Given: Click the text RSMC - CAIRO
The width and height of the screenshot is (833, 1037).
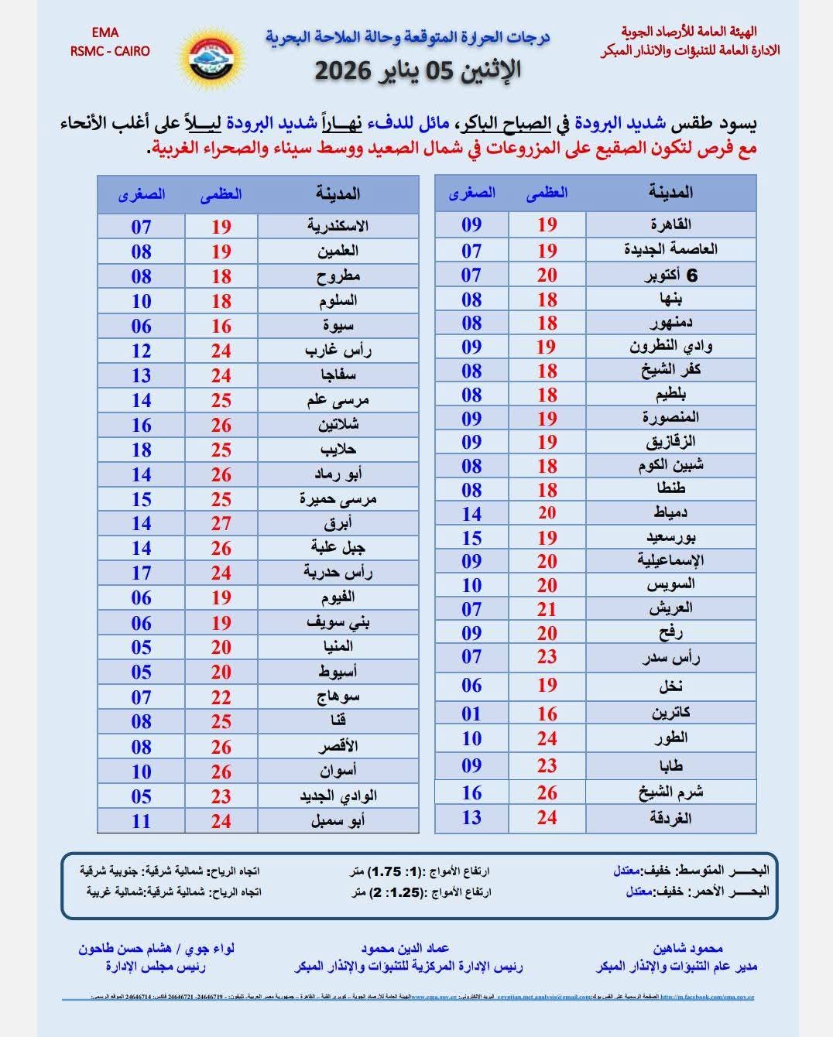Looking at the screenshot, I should click(x=110, y=51).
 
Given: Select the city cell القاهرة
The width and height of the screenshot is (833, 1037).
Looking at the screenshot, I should click(x=670, y=224).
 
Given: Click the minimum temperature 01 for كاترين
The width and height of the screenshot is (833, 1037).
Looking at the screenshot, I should click(x=471, y=713).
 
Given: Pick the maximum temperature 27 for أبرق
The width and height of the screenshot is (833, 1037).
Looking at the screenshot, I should click(x=221, y=524).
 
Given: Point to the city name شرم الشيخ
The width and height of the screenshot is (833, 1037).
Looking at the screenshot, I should click(x=670, y=792).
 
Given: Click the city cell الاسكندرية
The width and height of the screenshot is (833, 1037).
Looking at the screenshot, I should click(x=338, y=226).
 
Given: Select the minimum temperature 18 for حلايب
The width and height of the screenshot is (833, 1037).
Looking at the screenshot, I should click(x=141, y=450).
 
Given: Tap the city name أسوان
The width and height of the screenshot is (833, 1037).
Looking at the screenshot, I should click(x=338, y=772).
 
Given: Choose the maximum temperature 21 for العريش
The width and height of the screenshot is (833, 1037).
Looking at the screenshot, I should click(x=547, y=609).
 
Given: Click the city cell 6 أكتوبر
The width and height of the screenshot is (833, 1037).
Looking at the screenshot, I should click(x=670, y=275).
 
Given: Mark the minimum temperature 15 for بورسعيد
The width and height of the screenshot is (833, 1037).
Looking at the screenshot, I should click(x=471, y=538).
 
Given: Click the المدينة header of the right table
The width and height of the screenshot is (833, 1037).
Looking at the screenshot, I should click(x=670, y=193).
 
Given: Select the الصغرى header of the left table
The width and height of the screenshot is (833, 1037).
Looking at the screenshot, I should click(x=141, y=194).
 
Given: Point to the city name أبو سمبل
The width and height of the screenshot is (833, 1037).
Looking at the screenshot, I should click(x=338, y=821).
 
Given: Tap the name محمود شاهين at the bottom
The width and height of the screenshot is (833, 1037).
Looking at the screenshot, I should click(x=687, y=948).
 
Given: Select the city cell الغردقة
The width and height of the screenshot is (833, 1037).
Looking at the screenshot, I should click(x=670, y=818).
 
